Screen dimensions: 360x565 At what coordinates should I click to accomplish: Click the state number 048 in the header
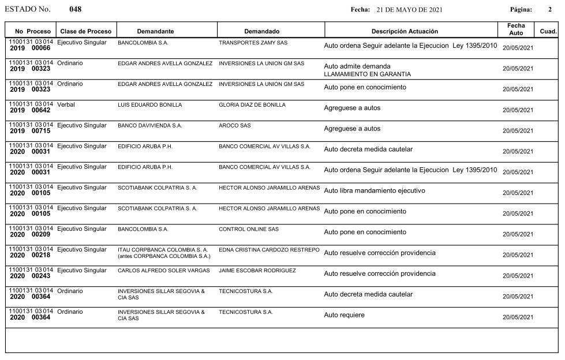click(75, 10)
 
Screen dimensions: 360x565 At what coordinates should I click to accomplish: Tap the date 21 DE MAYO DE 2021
click(409, 10)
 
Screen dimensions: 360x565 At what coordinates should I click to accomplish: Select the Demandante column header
click(155, 31)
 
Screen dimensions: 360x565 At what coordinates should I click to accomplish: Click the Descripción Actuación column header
click(405, 31)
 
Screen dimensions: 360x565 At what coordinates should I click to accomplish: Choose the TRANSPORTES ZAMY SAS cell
click(253, 43)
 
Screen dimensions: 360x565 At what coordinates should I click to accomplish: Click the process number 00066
click(41, 48)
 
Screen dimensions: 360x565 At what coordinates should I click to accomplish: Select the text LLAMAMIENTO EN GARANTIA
click(368, 74)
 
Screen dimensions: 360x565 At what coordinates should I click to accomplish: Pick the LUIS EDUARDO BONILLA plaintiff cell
click(149, 105)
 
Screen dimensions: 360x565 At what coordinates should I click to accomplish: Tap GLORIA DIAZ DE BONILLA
click(252, 105)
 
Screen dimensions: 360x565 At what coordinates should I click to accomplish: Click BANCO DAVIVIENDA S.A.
click(149, 126)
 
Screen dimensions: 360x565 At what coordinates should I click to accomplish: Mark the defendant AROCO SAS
click(235, 126)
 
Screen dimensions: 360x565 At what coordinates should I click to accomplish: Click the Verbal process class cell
click(66, 104)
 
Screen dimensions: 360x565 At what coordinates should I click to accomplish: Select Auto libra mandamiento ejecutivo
click(375, 190)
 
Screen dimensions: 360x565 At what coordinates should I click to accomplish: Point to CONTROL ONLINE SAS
click(249, 229)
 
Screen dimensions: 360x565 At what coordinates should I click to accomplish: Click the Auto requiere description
click(345, 315)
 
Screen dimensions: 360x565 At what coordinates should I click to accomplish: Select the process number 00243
click(41, 276)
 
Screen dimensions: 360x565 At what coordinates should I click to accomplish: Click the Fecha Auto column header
click(516, 29)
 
